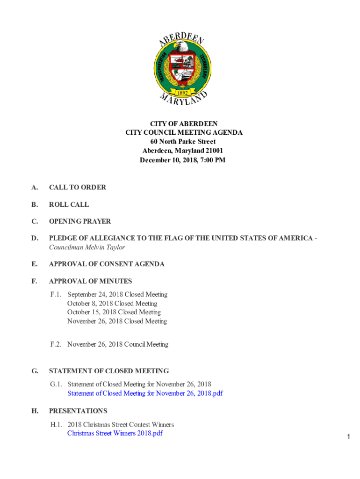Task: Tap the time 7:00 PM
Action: tap(214, 160)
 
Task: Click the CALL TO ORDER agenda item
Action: tap(78, 187)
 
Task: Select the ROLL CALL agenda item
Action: tap(69, 204)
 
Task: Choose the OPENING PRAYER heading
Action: tap(80, 221)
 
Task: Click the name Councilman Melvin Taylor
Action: tap(87, 247)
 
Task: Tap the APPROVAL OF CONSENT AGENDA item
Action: tap(107, 264)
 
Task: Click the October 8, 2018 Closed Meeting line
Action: tap(112, 304)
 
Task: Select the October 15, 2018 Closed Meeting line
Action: tap(114, 312)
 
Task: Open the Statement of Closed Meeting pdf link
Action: tap(145, 393)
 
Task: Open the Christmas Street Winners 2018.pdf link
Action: tap(115, 433)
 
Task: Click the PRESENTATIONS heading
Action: tap(78, 411)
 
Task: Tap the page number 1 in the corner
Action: tap(348, 437)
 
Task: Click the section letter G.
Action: tap(35, 371)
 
